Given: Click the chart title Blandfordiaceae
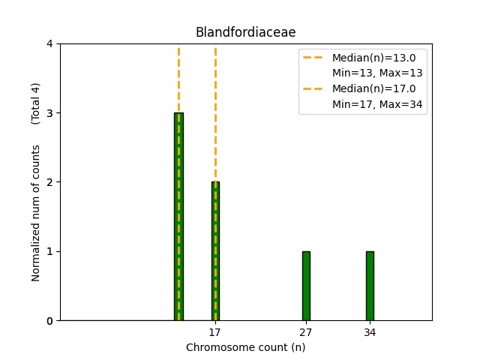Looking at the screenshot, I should point(245,32).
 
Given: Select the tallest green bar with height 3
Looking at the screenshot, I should point(178,217).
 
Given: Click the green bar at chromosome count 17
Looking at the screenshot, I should point(215,251).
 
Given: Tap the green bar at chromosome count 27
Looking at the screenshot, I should point(306,286).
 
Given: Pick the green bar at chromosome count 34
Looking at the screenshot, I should point(370,286).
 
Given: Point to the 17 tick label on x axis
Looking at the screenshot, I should point(215,331).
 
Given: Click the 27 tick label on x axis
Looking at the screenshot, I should point(306,331).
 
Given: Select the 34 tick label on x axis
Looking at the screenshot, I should point(370,331).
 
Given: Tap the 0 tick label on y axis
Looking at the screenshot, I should point(50,321).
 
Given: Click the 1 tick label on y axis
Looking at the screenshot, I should point(50,251).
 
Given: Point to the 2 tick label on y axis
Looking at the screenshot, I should point(50,182).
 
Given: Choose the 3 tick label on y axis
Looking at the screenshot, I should point(50,113).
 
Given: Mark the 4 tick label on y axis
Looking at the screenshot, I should point(50,44).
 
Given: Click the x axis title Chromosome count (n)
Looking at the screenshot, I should point(245,347).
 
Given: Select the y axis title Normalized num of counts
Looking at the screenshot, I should point(36,213).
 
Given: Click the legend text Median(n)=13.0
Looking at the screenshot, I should point(368,58).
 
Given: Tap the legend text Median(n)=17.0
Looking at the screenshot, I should point(368,88).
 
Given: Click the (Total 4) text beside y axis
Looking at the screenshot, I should point(36,103).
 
